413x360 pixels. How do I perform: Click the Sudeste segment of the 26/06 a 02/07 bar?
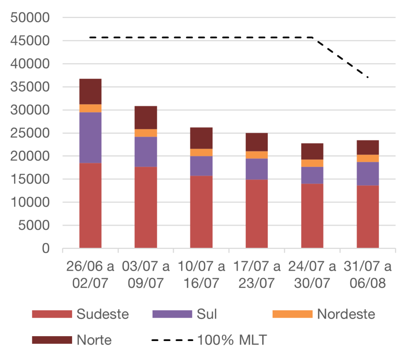point(90,205)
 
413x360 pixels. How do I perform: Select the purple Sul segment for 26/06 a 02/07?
point(90,137)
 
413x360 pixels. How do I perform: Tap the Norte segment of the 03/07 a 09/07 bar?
point(146,117)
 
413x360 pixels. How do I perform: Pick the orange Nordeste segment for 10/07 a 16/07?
point(201,152)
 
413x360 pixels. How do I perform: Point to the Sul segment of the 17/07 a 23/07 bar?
point(257,169)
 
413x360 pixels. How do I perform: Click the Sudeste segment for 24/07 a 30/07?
point(312,216)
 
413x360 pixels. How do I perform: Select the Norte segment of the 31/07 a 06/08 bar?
point(368,147)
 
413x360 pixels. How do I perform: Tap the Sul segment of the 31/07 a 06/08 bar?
point(368,174)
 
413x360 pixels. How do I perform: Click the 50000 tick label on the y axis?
point(31,18)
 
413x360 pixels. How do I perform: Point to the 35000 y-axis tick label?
point(31,87)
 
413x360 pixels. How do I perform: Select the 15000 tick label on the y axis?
point(31,180)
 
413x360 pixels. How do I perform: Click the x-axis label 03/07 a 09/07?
point(146,275)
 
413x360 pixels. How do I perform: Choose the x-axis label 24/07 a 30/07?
point(312,275)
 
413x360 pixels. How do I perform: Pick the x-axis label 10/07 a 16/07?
point(201,275)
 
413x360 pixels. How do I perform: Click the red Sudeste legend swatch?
point(52,314)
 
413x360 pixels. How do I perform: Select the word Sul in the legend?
point(206,314)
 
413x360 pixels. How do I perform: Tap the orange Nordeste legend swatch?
point(292,314)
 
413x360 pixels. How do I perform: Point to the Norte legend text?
point(94,340)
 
